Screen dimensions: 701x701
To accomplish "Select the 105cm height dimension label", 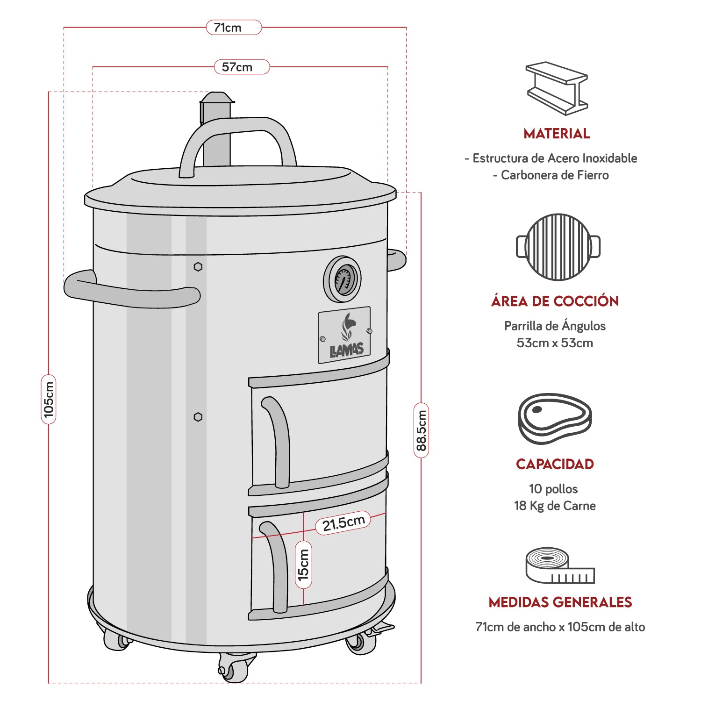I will coord(49,399).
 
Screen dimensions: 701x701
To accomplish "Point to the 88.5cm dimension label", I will coord(421,430).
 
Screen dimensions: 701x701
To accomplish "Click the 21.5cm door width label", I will coord(343,523).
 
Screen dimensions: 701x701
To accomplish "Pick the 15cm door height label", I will coord(304,565).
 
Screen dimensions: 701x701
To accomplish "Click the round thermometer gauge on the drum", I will coord(343,279).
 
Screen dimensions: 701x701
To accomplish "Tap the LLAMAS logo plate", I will coord(344,335).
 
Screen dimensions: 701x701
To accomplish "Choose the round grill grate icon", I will coord(558,247).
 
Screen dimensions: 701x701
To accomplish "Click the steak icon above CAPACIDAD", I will coord(555,418).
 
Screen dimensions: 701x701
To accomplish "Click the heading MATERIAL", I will coord(557,134).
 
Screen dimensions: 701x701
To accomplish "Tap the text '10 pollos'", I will coord(553,489).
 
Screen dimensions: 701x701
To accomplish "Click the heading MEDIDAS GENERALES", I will coord(560,602).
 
